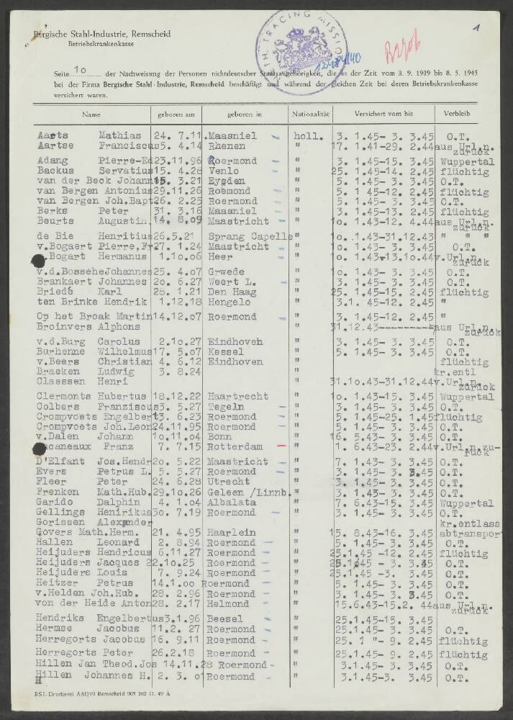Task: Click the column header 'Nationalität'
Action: (x=311, y=114)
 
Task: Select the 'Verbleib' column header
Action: (x=458, y=114)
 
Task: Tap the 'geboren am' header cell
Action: (x=173, y=114)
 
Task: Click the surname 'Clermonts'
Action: (x=62, y=397)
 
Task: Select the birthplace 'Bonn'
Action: (x=219, y=437)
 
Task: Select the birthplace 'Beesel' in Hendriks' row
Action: (x=225, y=618)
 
